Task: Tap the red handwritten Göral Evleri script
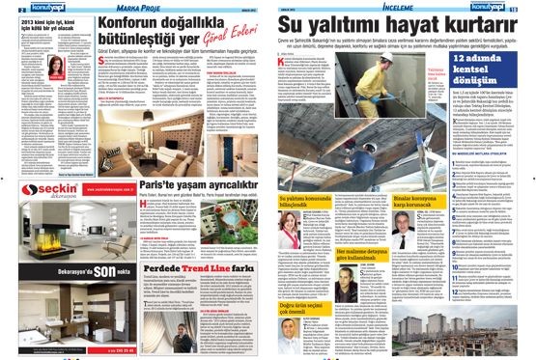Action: pyautogui.click(x=224, y=42)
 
